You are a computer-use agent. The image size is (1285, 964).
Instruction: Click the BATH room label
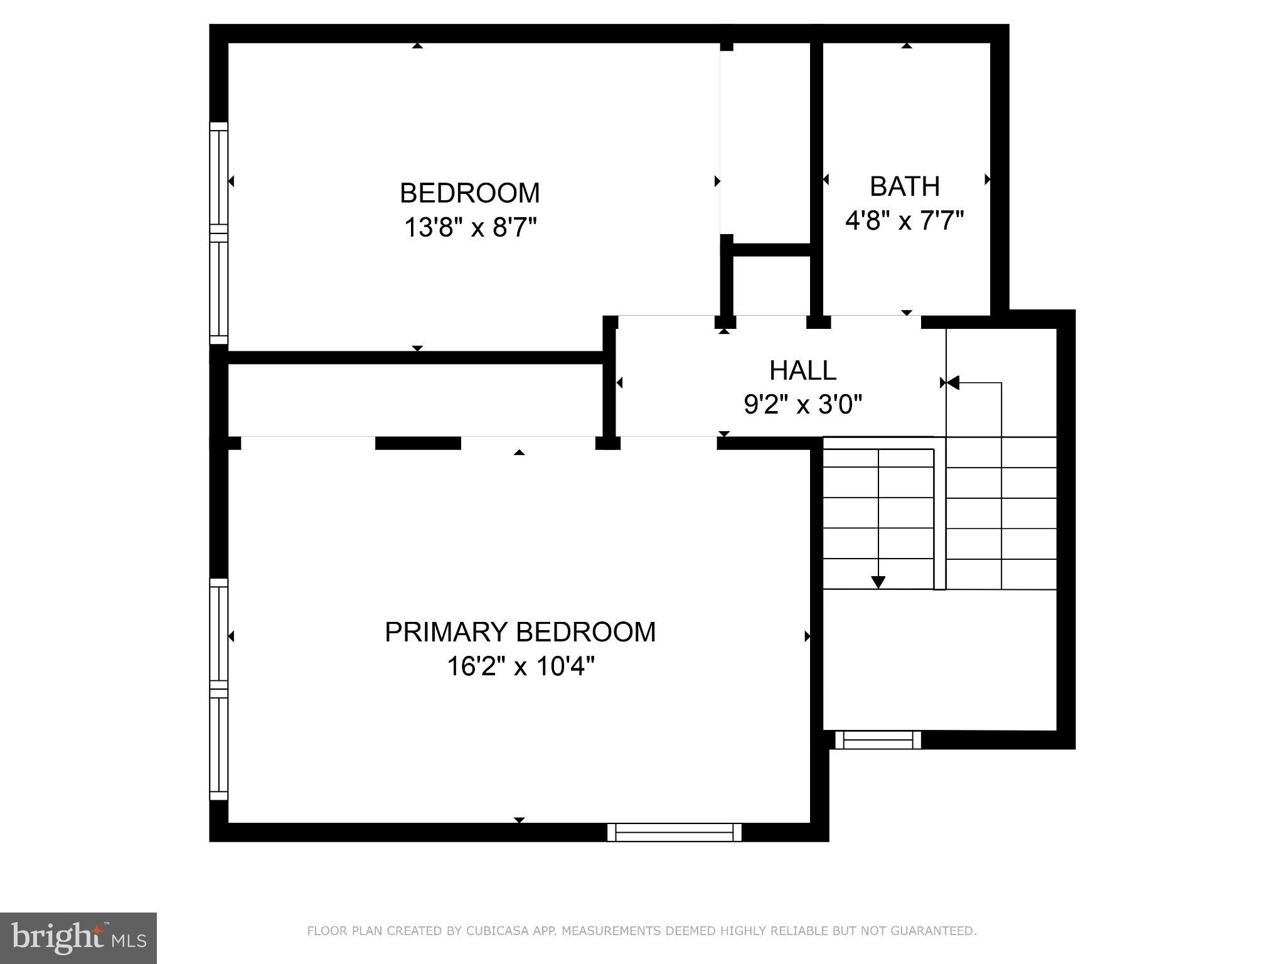point(904,186)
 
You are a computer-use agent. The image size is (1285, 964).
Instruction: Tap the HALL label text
point(802,370)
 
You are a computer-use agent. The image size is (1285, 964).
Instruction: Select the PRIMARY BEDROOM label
point(520,632)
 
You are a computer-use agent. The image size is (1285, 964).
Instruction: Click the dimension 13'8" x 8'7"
point(470,227)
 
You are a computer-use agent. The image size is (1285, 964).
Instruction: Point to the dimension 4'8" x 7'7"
point(904,220)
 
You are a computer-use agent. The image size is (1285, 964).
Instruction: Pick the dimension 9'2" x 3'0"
point(802,405)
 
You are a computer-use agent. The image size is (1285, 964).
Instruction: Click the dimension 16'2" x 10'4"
point(520,666)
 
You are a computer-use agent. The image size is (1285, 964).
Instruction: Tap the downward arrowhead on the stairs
point(878,582)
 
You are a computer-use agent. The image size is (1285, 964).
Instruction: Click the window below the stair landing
point(878,740)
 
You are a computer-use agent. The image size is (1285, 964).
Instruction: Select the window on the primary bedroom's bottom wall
point(674,832)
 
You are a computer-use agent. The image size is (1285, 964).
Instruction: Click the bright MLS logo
point(78,938)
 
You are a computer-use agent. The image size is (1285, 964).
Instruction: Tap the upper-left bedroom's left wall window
point(218,233)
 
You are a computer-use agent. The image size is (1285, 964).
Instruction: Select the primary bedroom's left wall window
point(218,689)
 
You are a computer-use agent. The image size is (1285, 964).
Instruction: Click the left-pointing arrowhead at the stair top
point(952,382)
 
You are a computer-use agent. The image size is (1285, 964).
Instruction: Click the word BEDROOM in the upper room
point(470,193)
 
